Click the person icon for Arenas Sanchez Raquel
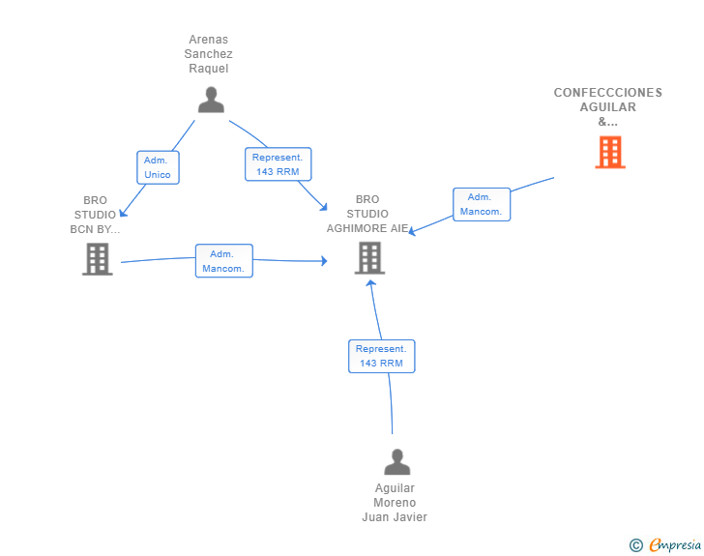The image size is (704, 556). click(x=211, y=100)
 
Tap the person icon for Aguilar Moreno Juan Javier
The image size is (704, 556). click(x=396, y=461)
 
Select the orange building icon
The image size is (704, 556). click(x=610, y=152)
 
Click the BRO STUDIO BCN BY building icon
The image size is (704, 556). click(x=98, y=259)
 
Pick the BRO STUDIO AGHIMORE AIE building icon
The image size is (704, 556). click(x=369, y=258)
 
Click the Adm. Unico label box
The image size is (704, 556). click(x=158, y=167)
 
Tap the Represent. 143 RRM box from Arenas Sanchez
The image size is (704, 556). click(x=278, y=164)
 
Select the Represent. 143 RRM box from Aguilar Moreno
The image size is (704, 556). click(x=382, y=356)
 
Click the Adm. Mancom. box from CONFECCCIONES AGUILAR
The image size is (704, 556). click(x=482, y=204)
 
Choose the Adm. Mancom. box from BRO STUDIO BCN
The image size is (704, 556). click(x=224, y=261)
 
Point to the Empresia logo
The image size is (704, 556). click(x=675, y=544)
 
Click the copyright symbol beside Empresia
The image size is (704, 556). click(x=636, y=545)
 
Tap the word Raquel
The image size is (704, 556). click(x=208, y=69)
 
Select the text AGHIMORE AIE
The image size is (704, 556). click(x=367, y=228)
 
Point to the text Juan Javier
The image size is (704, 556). click(x=395, y=517)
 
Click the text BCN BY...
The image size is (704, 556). click(x=95, y=229)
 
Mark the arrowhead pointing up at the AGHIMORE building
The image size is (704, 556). click(x=371, y=283)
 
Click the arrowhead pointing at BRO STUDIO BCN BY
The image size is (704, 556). click(x=123, y=213)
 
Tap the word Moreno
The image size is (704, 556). click(x=395, y=503)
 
